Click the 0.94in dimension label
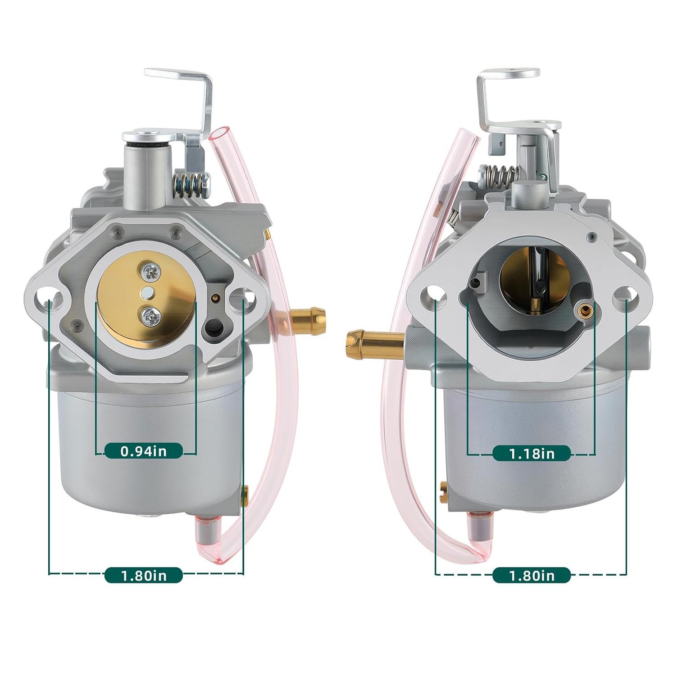[x=144, y=450]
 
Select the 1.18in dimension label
[x=532, y=453]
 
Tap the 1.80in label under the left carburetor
[x=144, y=575]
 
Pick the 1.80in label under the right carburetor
[x=532, y=575]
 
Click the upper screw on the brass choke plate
[x=149, y=271]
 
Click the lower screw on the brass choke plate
[x=150, y=315]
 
